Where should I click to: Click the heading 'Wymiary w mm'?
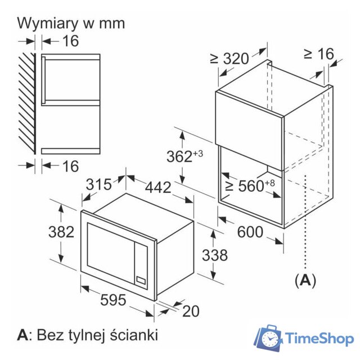pos(71,23)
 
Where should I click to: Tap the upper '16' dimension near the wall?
pos(70,40)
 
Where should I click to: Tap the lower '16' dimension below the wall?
pos(70,166)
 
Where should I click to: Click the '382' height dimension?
pos(61,231)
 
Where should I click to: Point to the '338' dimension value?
pos(214,255)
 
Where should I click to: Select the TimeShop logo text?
pos(319,339)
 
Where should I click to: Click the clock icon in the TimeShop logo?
pos(271,339)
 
